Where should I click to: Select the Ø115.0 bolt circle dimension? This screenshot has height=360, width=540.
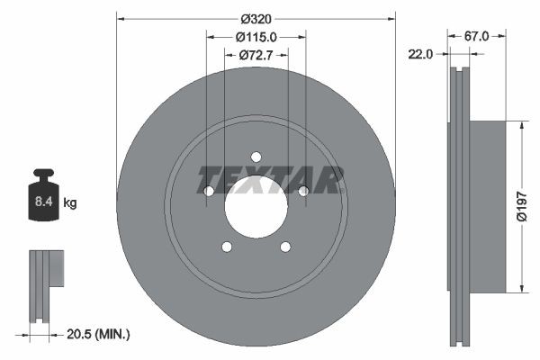(256, 37)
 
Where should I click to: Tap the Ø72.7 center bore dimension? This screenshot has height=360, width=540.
(256, 56)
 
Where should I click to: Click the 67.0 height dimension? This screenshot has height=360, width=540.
(477, 37)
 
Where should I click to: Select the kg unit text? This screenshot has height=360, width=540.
(70, 203)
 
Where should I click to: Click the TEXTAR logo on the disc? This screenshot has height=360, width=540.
(271, 180)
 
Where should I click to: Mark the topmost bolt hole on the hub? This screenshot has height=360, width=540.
(256, 157)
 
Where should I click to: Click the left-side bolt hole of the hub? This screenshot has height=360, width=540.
(209, 191)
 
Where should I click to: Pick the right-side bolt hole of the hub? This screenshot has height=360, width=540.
(303, 191)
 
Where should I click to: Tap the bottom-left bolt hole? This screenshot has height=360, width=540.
(227, 247)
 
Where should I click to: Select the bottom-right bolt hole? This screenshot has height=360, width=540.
(285, 247)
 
